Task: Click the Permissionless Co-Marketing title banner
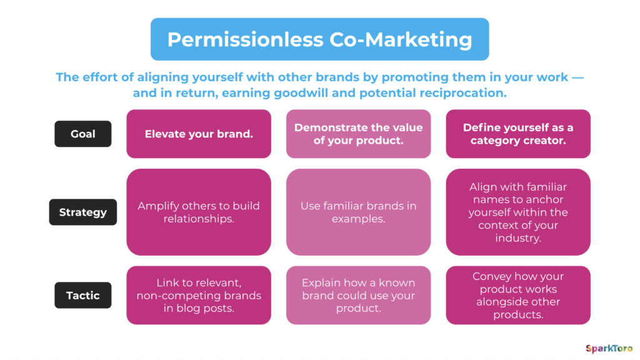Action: pos(319,39)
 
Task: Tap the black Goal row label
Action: pos(83,134)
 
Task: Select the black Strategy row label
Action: pos(83,212)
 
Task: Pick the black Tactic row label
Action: pos(83,295)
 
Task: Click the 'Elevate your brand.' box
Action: pos(199,134)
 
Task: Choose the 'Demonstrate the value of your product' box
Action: pos(358,134)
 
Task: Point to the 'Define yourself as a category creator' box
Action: pos(518,134)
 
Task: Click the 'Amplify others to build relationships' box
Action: pos(199,212)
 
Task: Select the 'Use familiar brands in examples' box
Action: pos(358,212)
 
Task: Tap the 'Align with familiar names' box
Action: pos(518,212)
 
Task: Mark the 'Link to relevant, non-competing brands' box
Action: pos(199,295)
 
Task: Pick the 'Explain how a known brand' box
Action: pos(358,295)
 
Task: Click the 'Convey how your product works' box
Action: pos(518,295)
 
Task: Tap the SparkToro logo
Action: pos(609,349)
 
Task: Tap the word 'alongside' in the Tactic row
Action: pos(518,302)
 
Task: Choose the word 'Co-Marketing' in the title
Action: pos(401,40)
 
